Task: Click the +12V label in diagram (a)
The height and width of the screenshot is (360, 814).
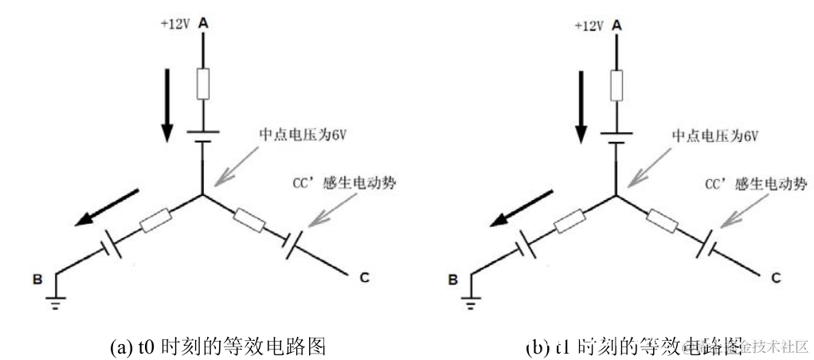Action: [x=174, y=25]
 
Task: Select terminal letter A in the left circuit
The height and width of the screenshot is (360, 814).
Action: [x=202, y=25]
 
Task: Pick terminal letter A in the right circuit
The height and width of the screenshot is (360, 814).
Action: [x=616, y=25]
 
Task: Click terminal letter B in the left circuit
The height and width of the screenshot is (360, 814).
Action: [x=37, y=280]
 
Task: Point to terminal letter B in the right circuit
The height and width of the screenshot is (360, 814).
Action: [x=452, y=280]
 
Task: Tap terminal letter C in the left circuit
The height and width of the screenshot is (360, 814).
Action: [x=363, y=278]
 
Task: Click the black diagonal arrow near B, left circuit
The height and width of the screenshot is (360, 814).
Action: [x=108, y=208]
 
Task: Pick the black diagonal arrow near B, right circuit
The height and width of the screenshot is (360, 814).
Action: [x=522, y=208]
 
